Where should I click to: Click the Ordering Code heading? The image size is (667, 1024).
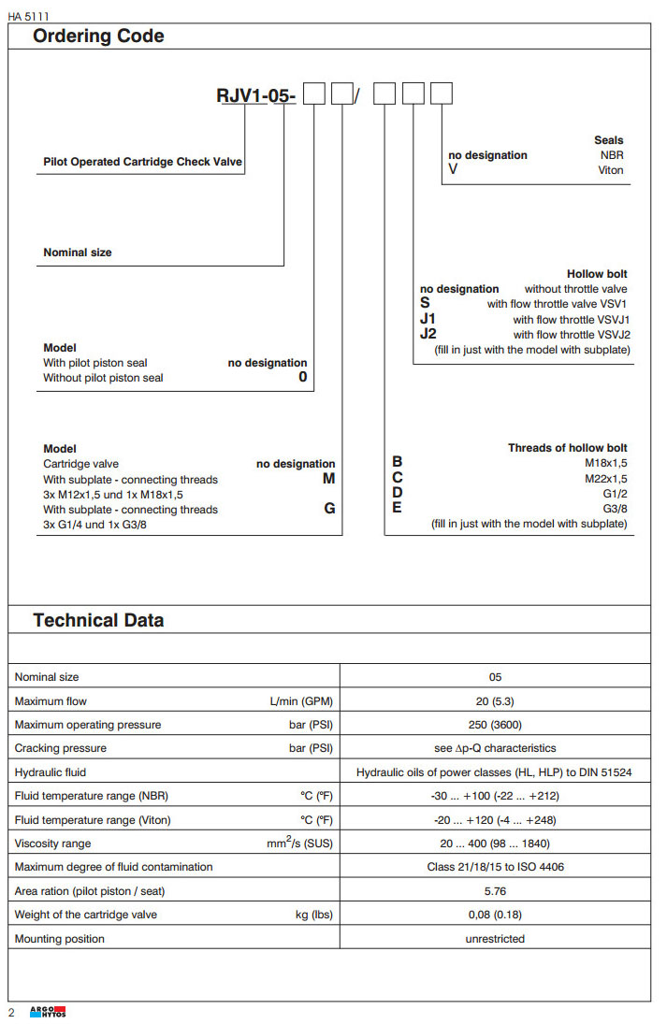tap(98, 36)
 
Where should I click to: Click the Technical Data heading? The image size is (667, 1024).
tap(98, 620)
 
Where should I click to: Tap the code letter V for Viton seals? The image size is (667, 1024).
tap(454, 170)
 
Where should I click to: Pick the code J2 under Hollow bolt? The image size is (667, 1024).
tap(428, 334)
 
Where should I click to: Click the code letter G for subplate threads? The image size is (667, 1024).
tap(329, 509)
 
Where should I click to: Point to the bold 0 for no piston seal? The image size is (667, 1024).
tap(302, 378)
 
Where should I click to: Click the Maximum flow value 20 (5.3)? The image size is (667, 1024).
tap(495, 700)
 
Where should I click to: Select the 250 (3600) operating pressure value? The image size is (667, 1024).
tap(495, 725)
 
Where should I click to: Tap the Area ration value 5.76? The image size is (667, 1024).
tap(495, 890)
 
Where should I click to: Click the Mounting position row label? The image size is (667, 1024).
tap(60, 938)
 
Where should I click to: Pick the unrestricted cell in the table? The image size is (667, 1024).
tap(495, 938)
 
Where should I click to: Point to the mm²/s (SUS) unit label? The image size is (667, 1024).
tap(299, 843)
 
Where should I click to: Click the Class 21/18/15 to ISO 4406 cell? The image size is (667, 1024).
tap(495, 867)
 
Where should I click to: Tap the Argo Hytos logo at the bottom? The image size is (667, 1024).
tap(48, 1012)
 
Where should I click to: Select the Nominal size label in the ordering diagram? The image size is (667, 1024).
tap(78, 252)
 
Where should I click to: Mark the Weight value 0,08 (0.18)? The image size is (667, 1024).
tap(495, 915)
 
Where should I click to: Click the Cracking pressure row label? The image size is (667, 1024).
tap(61, 748)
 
